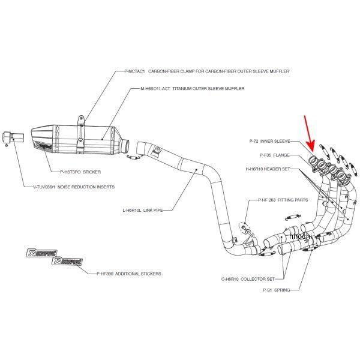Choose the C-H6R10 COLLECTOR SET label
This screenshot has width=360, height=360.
[249, 279]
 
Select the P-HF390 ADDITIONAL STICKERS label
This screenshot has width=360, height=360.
[128, 273]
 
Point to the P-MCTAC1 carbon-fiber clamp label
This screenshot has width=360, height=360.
[206, 71]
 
